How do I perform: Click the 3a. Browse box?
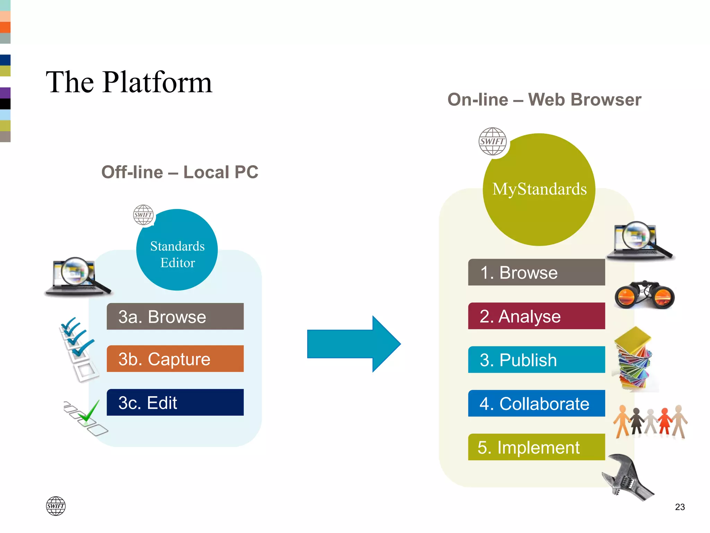tap(175, 316)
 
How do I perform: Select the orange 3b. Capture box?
tap(175, 359)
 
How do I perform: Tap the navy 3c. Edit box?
tap(175, 403)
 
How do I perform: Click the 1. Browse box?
tap(536, 272)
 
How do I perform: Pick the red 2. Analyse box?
tap(536, 316)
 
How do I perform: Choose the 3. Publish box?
tap(536, 360)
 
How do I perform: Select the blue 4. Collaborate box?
tap(536, 404)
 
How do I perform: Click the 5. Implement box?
tap(536, 447)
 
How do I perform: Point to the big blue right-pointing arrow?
tap(354, 344)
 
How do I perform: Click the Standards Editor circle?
tap(177, 250)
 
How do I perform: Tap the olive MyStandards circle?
tap(539, 190)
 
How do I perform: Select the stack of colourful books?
tap(634, 359)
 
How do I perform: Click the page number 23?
tap(680, 507)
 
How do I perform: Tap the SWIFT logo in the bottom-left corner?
tap(56, 506)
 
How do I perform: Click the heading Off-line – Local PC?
tap(180, 172)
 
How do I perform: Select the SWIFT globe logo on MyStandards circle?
tap(492, 142)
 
